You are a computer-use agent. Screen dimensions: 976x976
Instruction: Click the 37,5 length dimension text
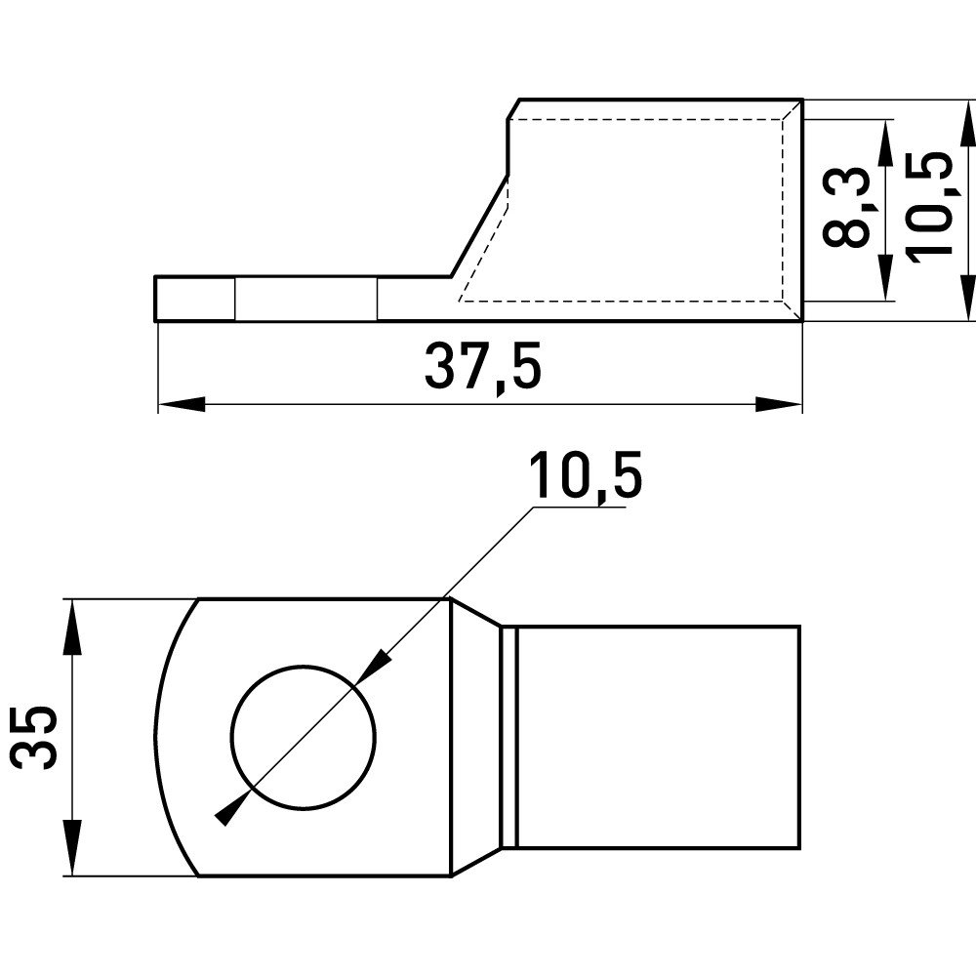pyautogui.click(x=482, y=370)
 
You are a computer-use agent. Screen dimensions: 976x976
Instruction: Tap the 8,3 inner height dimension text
pyautogui.click(x=844, y=207)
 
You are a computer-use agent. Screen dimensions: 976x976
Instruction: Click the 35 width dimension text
pyautogui.click(x=34, y=737)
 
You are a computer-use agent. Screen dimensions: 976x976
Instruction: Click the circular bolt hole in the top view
pyautogui.click(x=304, y=738)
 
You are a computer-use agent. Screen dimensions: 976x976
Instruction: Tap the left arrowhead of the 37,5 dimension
pyautogui.click(x=182, y=405)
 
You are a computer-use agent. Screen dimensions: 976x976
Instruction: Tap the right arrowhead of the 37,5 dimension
pyautogui.click(x=779, y=405)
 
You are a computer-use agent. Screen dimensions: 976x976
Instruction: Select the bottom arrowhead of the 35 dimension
pyautogui.click(x=73, y=848)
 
